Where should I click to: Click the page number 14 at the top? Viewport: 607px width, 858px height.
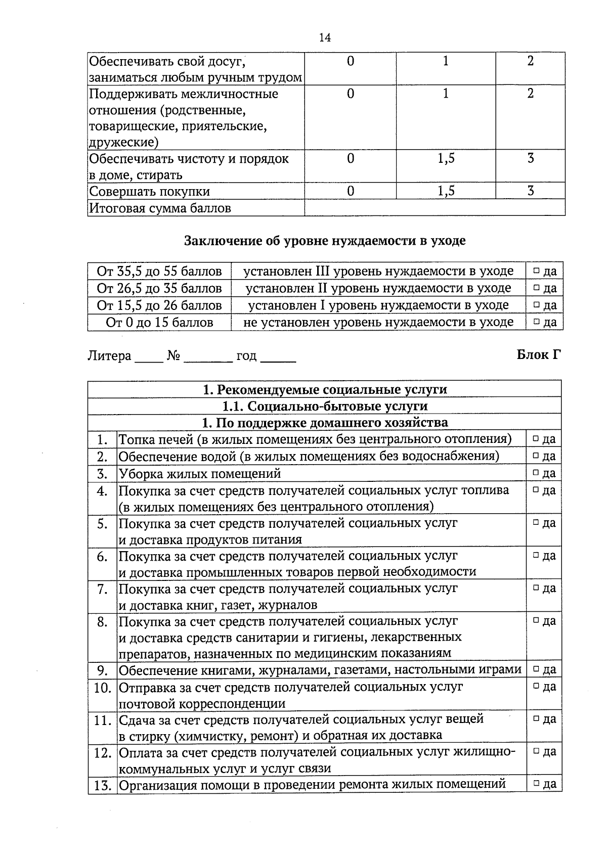[x=325, y=38]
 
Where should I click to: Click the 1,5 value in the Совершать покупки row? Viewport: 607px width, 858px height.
[x=446, y=191]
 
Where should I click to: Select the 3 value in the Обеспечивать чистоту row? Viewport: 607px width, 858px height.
[x=530, y=159]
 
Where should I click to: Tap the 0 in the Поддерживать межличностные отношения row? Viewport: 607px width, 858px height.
[x=351, y=94]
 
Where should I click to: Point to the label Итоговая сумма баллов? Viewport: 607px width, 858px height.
[x=160, y=208]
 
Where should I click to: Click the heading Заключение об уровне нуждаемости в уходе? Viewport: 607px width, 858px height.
[x=324, y=241]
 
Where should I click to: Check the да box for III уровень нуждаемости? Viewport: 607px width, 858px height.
[x=536, y=272]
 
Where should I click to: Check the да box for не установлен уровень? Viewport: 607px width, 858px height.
[x=536, y=323]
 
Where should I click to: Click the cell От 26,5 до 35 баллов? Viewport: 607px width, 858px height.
[x=159, y=289]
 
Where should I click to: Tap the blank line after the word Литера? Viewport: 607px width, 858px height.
[x=149, y=361]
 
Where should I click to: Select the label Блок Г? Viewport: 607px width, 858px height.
[x=539, y=355]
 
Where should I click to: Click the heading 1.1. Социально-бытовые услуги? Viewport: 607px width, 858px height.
[x=325, y=407]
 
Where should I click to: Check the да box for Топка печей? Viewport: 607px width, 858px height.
[x=535, y=439]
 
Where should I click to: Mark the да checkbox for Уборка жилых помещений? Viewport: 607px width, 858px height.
[x=535, y=474]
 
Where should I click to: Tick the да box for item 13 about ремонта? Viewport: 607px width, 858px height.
[x=535, y=785]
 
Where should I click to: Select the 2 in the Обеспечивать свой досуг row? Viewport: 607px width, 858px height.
[x=530, y=62]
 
